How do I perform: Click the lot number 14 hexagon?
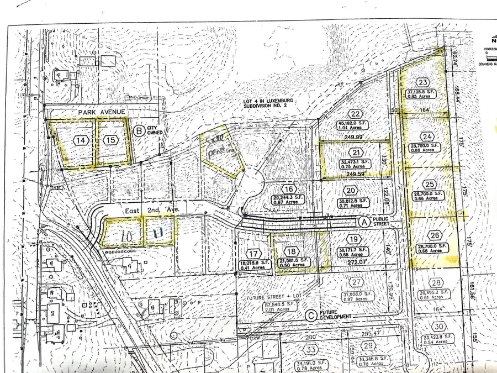click(81, 140)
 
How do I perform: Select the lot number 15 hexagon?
click(111, 140)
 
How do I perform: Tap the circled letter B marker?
click(139, 132)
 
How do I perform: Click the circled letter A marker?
click(363, 221)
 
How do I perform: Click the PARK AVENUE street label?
click(102, 112)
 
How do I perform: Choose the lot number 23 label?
click(424, 83)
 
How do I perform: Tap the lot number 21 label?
click(357, 153)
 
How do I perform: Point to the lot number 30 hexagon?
click(438, 326)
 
